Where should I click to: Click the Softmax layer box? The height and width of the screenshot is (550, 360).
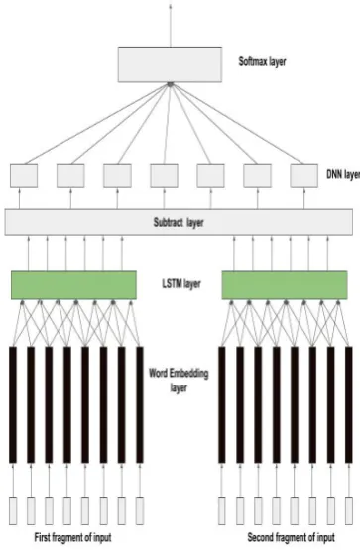(x=170, y=64)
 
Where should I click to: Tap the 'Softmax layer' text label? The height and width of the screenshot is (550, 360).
(x=262, y=62)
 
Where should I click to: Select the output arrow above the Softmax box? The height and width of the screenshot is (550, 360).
(x=171, y=25)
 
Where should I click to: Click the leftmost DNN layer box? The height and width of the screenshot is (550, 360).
(x=24, y=175)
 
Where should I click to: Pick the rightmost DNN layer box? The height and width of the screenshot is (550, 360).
(x=304, y=175)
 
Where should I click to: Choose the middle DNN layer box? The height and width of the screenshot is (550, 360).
(x=164, y=175)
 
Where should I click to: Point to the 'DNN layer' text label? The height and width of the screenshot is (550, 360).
(x=343, y=174)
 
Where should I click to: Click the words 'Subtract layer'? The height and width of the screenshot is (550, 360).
(x=179, y=222)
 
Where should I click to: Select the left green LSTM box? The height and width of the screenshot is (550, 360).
(x=73, y=284)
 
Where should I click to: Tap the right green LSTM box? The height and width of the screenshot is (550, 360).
(x=285, y=284)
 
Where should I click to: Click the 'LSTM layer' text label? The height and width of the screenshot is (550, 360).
(x=181, y=283)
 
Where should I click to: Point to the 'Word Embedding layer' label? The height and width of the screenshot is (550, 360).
(x=179, y=381)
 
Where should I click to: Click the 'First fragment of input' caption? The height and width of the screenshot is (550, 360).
(x=72, y=537)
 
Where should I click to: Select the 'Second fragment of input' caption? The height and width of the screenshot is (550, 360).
(x=292, y=537)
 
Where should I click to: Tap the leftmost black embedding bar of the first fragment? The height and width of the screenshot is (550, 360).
(x=13, y=404)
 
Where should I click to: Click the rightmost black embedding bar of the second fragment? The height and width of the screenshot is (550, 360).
(x=349, y=404)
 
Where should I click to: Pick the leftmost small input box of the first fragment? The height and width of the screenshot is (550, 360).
(x=13, y=511)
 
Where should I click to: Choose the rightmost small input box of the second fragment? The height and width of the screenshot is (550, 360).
(x=349, y=511)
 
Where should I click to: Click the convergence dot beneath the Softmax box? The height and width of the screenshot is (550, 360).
(x=171, y=84)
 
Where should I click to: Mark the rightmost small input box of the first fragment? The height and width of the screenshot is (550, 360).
(x=140, y=511)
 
